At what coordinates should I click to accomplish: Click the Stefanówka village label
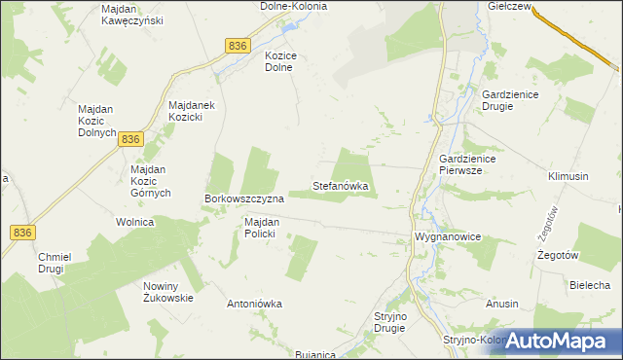[x=340, y=185]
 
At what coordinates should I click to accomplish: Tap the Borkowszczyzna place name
[x=243, y=198]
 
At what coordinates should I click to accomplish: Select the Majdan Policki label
[x=262, y=228]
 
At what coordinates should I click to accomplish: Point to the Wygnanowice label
[x=448, y=236]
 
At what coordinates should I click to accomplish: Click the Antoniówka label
[x=254, y=304]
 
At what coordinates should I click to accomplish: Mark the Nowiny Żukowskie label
[x=168, y=292]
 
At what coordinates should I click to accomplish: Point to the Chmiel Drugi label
[x=56, y=264]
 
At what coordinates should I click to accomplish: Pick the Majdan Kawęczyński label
[x=132, y=15]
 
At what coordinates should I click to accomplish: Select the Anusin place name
[x=502, y=304]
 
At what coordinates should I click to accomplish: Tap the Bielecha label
[x=589, y=284]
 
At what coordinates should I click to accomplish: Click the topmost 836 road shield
[x=237, y=46]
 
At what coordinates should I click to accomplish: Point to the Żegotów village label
[x=559, y=255]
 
